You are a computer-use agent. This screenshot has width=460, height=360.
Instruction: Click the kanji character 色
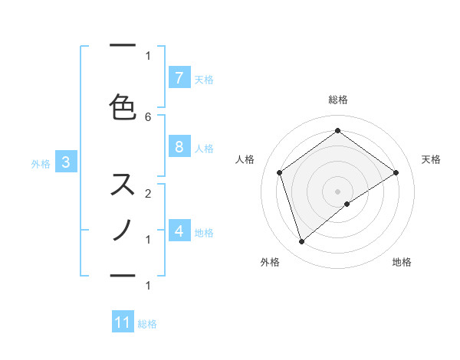[x=123, y=107]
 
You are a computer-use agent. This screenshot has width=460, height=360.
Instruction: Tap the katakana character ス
[x=123, y=185]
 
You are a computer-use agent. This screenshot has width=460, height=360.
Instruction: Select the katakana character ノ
[x=123, y=230]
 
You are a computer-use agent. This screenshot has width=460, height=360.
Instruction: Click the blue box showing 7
[x=179, y=78]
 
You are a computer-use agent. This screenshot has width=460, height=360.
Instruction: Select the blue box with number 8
[x=179, y=147]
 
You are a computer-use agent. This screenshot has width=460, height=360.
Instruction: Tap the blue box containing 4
[x=179, y=231]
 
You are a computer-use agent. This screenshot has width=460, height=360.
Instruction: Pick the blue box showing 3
[x=66, y=162]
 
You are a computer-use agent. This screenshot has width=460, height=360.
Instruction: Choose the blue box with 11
[x=123, y=322]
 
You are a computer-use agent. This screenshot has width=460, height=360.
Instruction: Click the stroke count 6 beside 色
[x=148, y=116]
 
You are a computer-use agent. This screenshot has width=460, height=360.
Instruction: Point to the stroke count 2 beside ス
[x=148, y=193]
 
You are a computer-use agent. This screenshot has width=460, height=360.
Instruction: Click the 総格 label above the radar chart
[x=337, y=100]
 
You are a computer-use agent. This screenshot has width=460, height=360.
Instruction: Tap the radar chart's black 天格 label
[x=431, y=159]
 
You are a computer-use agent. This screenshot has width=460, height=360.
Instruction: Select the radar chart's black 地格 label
[x=402, y=262]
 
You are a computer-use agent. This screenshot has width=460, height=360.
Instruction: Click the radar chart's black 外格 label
[x=270, y=262]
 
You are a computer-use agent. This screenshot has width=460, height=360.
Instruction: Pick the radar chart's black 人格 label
[x=245, y=159]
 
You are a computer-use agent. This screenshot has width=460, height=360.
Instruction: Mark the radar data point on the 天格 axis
[x=396, y=172]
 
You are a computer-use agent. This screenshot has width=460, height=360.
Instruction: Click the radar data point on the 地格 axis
[x=347, y=204]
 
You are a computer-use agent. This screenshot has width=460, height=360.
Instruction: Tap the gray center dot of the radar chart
[x=337, y=191]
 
